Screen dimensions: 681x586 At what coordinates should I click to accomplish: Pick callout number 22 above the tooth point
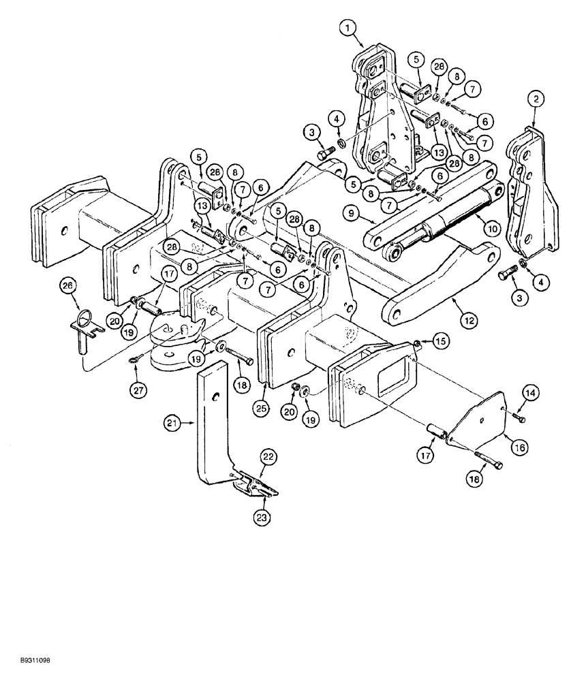(268, 458)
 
